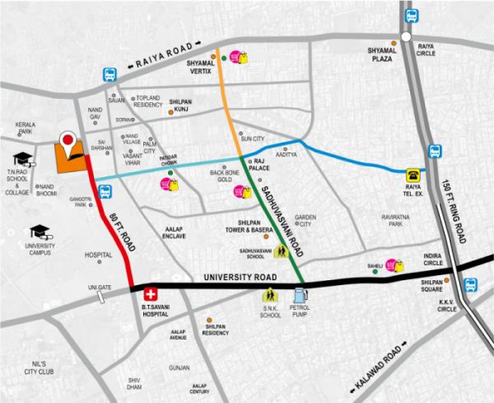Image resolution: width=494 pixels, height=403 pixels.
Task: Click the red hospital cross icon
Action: tap(151, 293)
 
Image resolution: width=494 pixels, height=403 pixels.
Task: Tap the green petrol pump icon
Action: tap(299, 293)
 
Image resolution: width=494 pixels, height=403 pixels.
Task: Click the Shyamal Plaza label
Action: tap(383, 54)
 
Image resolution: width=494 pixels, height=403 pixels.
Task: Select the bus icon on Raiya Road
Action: tap(109, 74)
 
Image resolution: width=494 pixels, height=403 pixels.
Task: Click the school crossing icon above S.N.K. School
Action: tap(268, 294)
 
